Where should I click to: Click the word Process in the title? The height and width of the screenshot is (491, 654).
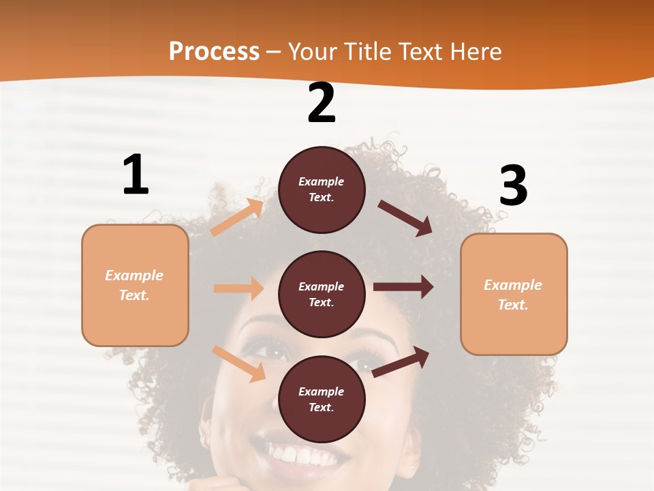click(214, 52)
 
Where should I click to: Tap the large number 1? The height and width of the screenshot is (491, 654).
click(136, 175)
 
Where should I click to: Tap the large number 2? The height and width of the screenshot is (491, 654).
click(322, 103)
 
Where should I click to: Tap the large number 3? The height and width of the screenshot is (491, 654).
click(513, 185)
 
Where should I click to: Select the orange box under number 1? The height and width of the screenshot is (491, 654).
click(135, 285)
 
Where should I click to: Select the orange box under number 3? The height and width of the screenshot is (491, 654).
click(514, 294)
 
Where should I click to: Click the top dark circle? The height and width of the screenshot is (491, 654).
click(322, 190)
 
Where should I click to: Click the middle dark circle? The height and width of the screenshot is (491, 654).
click(322, 294)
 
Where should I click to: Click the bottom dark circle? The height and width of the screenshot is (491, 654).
click(322, 399)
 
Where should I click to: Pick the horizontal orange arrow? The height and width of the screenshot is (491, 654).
click(238, 288)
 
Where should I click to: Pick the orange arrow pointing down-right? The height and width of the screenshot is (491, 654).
click(238, 363)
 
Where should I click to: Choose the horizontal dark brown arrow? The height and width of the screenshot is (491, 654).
click(403, 287)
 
